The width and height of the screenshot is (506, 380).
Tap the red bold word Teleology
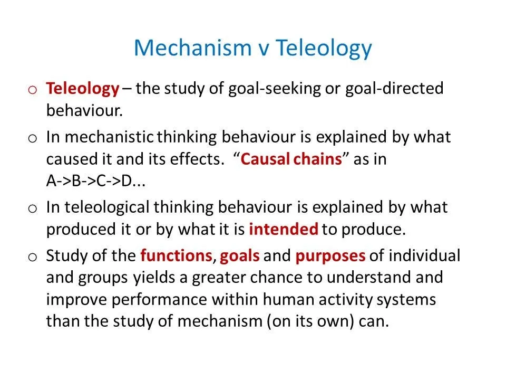click(83, 88)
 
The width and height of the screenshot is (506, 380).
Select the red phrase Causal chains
click(291, 159)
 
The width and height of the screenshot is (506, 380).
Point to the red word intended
click(283, 229)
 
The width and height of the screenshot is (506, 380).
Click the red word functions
click(176, 256)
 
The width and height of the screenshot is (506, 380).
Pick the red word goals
click(240, 256)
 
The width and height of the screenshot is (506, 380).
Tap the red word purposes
click(330, 256)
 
